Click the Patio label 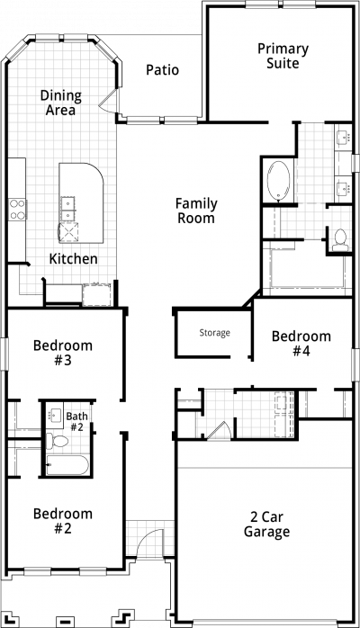click(x=162, y=69)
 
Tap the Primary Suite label click(x=283, y=56)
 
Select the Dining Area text click(x=61, y=103)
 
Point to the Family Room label click(x=196, y=211)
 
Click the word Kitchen click(x=73, y=259)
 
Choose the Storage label click(x=214, y=333)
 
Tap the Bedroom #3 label click(x=63, y=353)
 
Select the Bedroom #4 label click(x=301, y=343)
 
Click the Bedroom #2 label click(x=63, y=521)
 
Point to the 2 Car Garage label click(x=266, y=525)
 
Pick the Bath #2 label click(x=76, y=422)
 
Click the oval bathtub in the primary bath click(x=279, y=180)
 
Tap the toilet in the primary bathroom click(x=340, y=239)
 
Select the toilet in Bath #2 click(x=57, y=442)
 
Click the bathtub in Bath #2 click(x=67, y=465)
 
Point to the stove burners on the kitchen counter click(x=18, y=210)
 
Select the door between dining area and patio click(x=109, y=100)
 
